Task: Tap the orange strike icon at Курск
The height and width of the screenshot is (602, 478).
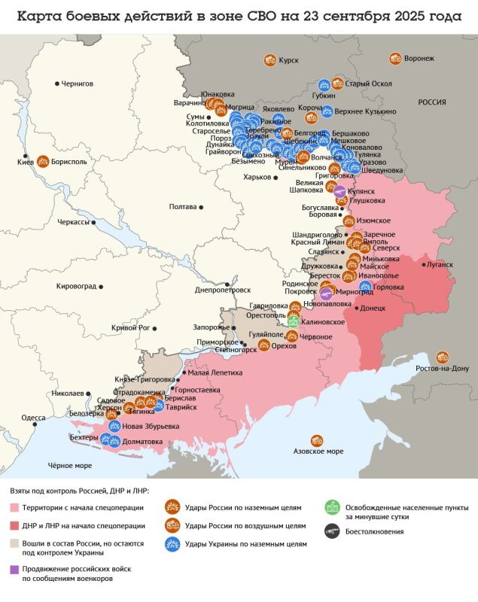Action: tap(269, 60)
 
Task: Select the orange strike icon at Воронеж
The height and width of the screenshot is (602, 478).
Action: tap(395, 59)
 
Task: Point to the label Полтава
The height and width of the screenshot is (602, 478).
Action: tap(183, 206)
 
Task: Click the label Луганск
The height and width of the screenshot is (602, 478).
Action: tap(440, 265)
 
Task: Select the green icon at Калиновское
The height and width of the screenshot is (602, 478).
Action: tap(293, 321)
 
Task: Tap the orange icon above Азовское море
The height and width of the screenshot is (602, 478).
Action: tap(317, 440)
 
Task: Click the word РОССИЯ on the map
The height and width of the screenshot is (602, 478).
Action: tap(432, 102)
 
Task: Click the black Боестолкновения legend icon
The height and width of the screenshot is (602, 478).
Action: tap(330, 531)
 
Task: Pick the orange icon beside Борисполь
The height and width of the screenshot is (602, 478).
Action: tap(43, 161)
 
